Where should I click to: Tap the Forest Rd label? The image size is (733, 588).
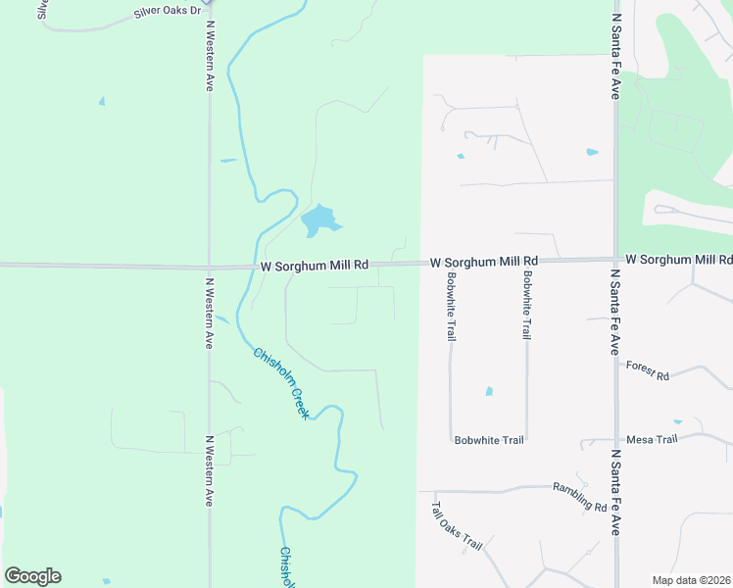tap(647, 375)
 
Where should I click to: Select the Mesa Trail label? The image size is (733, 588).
tap(652, 439)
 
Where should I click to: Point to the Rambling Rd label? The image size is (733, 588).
tap(580, 496)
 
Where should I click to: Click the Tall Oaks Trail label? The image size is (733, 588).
tap(458, 526)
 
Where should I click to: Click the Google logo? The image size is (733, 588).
tap(32, 576)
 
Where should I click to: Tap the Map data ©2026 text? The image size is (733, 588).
tap(690, 580)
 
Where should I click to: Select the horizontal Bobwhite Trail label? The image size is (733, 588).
tap(489, 440)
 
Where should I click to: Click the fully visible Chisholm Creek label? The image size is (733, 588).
tap(281, 383)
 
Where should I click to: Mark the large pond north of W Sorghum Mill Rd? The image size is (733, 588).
tap(317, 220)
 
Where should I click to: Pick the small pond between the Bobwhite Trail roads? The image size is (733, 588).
tap(488, 392)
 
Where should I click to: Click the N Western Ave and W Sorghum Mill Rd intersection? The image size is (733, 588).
tap(209, 266)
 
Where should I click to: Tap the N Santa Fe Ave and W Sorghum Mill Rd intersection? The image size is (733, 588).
tap(615, 260)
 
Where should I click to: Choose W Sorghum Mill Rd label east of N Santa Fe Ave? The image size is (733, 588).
tap(678, 260)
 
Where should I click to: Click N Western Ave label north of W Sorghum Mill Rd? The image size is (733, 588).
tap(209, 53)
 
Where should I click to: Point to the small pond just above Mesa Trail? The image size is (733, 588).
tap(677, 421)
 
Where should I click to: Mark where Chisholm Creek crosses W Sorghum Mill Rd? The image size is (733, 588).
tap(258, 266)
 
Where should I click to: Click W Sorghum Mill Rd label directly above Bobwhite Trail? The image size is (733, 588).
tap(485, 262)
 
